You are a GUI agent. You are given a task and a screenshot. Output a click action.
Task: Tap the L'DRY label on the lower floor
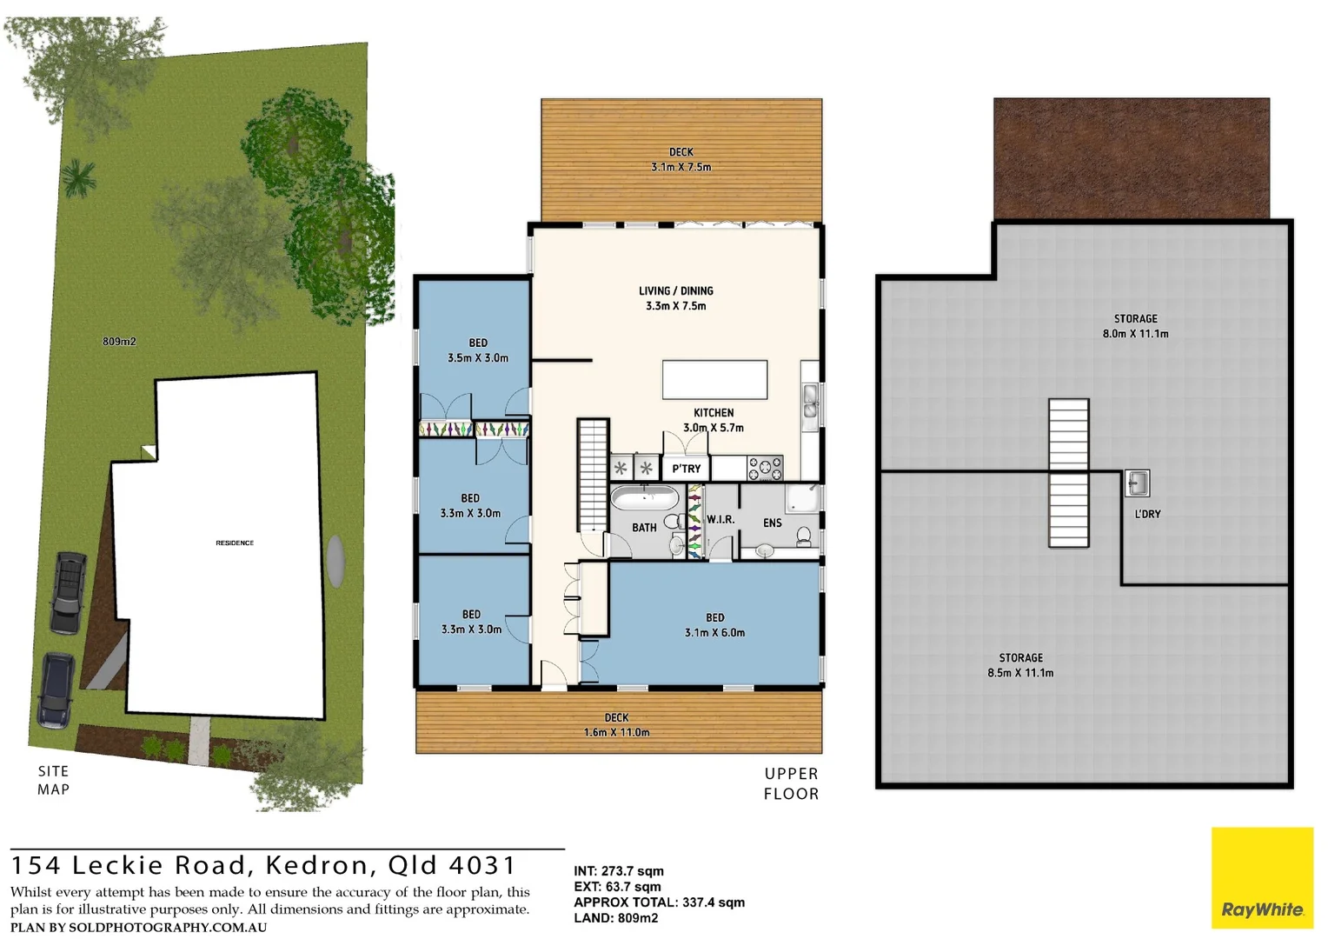point(1147,514)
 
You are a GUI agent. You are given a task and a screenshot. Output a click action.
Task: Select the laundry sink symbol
point(1137,483)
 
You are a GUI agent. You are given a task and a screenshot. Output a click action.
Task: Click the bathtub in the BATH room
point(644,498)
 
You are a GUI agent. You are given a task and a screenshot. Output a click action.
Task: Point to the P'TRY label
point(686,469)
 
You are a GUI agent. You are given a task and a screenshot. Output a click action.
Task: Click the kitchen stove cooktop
point(765,468)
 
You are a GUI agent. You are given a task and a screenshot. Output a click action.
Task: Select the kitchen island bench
point(714,380)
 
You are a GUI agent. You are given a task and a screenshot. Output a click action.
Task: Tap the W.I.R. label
point(720,519)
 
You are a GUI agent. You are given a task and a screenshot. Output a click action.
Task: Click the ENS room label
point(772,523)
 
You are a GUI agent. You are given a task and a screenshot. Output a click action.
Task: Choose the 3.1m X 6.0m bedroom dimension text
point(714,633)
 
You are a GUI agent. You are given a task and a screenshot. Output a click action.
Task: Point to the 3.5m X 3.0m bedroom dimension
point(478,358)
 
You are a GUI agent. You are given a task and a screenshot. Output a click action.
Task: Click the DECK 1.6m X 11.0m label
point(616,725)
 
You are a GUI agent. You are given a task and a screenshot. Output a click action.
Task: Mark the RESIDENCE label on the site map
point(235,543)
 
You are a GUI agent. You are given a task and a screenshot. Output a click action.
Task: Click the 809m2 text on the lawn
point(119,342)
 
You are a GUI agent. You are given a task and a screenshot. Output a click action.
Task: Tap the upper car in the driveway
point(68,593)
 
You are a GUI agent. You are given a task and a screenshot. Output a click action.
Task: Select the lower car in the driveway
point(56,690)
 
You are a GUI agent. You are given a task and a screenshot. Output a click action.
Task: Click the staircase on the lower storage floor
point(1068,473)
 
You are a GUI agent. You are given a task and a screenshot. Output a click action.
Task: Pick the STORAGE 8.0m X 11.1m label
point(1135,326)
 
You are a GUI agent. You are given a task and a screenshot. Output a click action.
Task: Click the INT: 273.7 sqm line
point(618,871)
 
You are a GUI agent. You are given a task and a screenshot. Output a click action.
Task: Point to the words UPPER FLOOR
point(791,783)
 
